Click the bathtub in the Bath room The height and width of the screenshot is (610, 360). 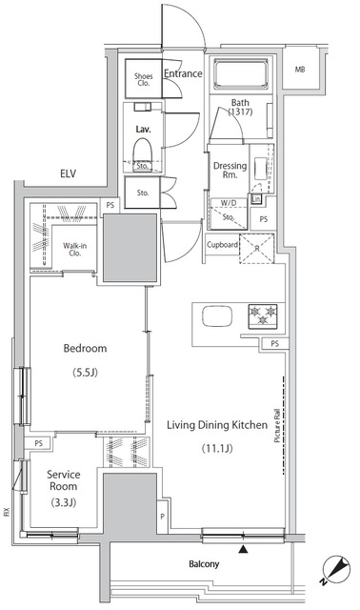point(241,75)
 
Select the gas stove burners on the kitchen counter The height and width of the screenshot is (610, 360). point(263,315)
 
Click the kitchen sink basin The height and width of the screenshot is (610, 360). point(217,315)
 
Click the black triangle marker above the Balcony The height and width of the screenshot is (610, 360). point(243,549)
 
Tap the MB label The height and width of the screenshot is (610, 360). point(300,70)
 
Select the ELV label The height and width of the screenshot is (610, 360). point(69,173)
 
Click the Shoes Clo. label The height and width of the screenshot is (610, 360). point(144,79)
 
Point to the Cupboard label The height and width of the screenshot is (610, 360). point(222,245)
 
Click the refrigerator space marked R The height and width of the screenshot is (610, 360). point(256,249)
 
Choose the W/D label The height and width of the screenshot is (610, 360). point(228,203)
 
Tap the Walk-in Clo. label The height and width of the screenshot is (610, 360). point(74,249)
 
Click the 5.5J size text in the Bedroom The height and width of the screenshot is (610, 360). point(85,373)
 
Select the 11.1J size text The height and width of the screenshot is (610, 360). point(217,448)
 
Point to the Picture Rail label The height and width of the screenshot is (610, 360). point(277,426)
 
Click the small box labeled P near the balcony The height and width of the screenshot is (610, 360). point(163,517)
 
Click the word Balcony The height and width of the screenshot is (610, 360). point(204,563)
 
